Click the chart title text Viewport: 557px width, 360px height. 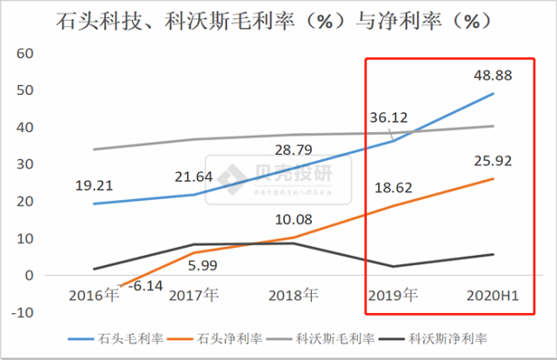click(x=278, y=19)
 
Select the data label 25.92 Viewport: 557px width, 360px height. click(x=492, y=160)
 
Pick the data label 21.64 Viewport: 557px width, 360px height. click(x=193, y=177)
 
